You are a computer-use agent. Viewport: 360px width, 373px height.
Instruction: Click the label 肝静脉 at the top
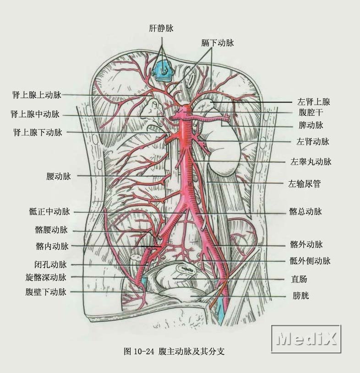click(161, 28)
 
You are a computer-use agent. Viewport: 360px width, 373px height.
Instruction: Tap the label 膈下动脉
click(217, 43)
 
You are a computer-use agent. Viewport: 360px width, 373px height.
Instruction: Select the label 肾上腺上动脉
click(37, 95)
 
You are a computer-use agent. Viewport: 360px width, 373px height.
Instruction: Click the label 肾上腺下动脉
click(38, 133)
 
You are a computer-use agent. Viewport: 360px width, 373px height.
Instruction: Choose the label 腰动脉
click(58, 176)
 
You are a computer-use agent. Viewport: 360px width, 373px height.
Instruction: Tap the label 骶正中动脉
click(49, 212)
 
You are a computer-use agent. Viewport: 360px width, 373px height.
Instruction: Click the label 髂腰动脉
click(51, 230)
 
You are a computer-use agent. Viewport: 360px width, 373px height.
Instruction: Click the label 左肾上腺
click(313, 102)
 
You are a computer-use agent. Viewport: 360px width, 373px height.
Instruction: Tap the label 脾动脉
click(311, 125)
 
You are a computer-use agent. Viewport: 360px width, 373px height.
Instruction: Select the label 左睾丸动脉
click(311, 162)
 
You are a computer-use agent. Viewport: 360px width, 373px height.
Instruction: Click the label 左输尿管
click(304, 184)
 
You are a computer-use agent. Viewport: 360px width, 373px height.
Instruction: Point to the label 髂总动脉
click(305, 211)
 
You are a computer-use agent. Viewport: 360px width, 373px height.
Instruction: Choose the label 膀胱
click(300, 296)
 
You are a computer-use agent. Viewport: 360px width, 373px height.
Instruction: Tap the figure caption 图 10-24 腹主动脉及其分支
click(174, 351)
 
